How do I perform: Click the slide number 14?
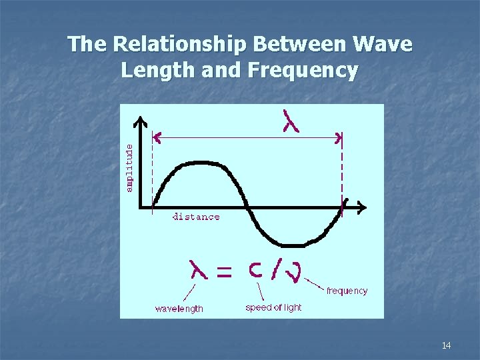[x=446, y=345]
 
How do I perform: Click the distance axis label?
[x=196, y=217]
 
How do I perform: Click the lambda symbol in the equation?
[x=199, y=270]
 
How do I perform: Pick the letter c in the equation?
[x=255, y=270]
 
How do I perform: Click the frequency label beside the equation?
[x=347, y=291]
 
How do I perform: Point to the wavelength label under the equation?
[x=179, y=309]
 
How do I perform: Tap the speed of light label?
[x=273, y=307]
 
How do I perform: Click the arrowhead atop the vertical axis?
[x=140, y=121]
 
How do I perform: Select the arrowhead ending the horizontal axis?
[x=362, y=208]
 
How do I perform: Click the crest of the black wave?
[x=197, y=163]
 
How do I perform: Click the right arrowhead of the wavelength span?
[x=339, y=138]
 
